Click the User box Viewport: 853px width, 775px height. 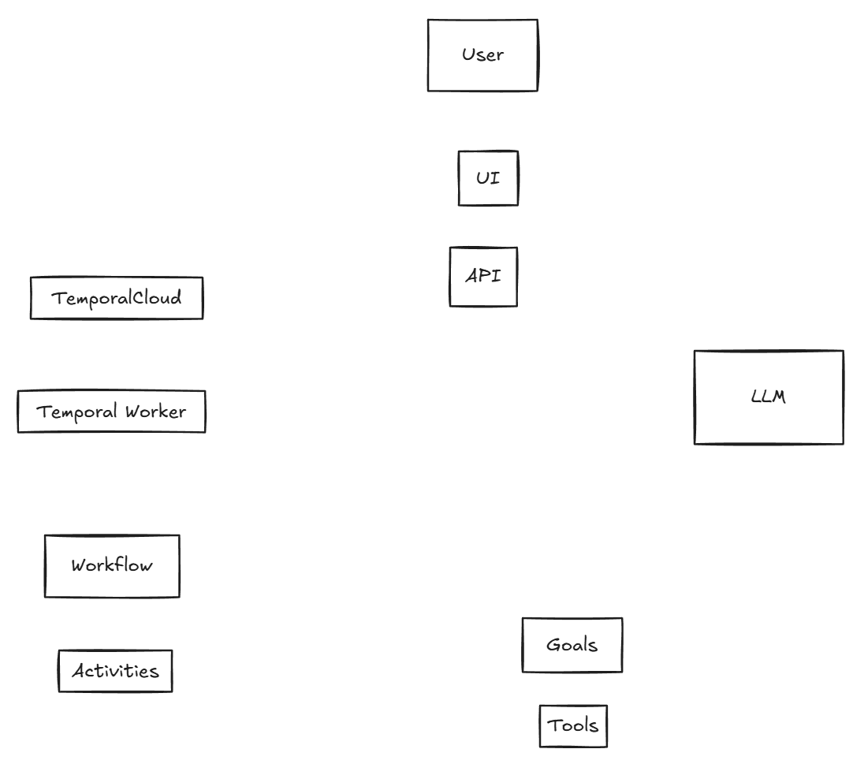(482, 55)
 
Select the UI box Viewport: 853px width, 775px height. (488, 178)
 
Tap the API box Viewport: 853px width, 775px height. (483, 277)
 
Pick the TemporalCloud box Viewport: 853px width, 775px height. (117, 298)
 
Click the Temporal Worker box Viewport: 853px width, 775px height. (111, 412)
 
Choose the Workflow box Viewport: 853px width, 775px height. (112, 566)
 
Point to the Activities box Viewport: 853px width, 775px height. (115, 671)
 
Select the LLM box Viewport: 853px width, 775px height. (769, 397)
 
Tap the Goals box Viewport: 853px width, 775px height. (572, 645)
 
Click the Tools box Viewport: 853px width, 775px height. (574, 726)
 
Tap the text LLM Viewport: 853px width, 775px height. (769, 397)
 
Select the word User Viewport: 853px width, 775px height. (482, 55)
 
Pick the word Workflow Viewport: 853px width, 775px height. (112, 565)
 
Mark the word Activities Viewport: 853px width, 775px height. (115, 671)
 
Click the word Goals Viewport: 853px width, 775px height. (572, 645)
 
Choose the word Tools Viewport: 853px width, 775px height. (574, 725)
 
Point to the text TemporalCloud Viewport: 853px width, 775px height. (117, 298)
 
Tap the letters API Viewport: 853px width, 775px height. (483, 277)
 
